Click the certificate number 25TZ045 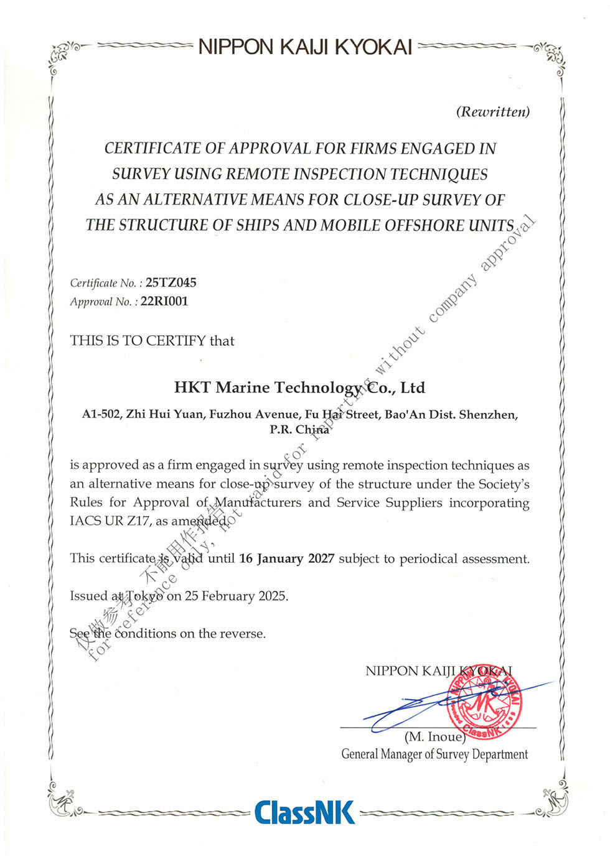pyautogui.click(x=171, y=283)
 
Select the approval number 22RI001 pyautogui.click(x=164, y=302)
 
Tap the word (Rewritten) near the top pyautogui.click(x=493, y=112)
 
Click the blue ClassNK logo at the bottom pyautogui.click(x=304, y=812)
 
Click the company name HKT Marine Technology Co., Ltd pyautogui.click(x=299, y=388)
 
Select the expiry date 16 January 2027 pyautogui.click(x=286, y=558)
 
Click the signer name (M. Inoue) pyautogui.click(x=434, y=737)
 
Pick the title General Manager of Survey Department pyautogui.click(x=434, y=754)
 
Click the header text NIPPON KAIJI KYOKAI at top pyautogui.click(x=305, y=47)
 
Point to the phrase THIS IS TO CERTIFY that pyautogui.click(x=152, y=341)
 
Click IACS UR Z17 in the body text pyautogui.click(x=110, y=521)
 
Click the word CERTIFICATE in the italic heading pyautogui.click(x=152, y=149)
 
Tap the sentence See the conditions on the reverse pyautogui.click(x=167, y=634)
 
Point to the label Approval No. pyautogui.click(x=100, y=302)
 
